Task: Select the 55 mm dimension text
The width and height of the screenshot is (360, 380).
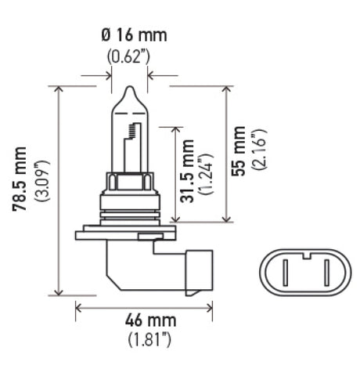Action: point(239,152)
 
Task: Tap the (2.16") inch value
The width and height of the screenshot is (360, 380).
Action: point(259,152)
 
